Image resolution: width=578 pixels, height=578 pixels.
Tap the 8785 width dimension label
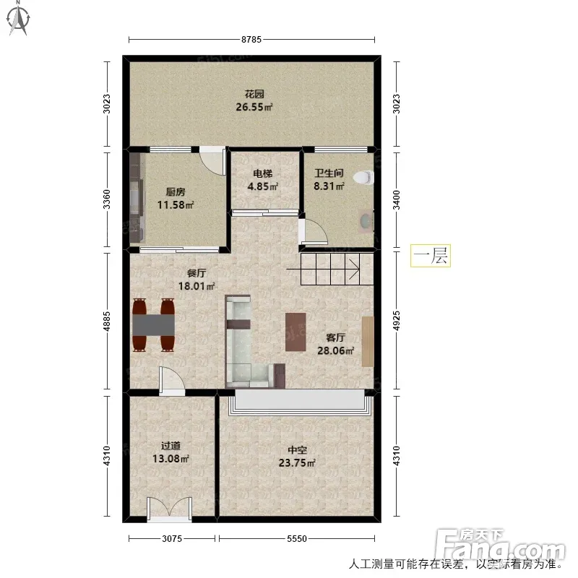click(251, 40)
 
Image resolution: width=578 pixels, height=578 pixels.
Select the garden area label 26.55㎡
click(254, 107)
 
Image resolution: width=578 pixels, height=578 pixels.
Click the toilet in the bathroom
click(363, 177)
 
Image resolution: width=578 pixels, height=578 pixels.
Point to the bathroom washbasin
click(366, 221)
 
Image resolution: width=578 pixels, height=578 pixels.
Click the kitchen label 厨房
click(176, 192)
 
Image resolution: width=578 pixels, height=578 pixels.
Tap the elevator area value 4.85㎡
click(262, 186)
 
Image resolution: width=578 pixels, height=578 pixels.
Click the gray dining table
click(153, 324)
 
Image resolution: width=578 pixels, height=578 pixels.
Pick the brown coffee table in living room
click(296, 332)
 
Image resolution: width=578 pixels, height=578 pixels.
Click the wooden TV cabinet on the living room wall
click(368, 341)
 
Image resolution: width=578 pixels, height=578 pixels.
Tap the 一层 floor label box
click(430, 256)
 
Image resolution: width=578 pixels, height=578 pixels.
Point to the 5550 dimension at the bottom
click(297, 539)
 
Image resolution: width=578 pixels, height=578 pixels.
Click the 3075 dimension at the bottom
click(172, 539)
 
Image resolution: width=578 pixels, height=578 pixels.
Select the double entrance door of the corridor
click(170, 509)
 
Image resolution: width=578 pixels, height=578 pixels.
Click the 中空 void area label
click(297, 450)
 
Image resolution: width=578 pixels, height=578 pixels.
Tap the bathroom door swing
click(313, 232)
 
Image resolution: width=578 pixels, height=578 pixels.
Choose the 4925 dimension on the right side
click(396, 321)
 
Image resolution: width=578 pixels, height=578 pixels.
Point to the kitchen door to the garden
click(212, 160)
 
